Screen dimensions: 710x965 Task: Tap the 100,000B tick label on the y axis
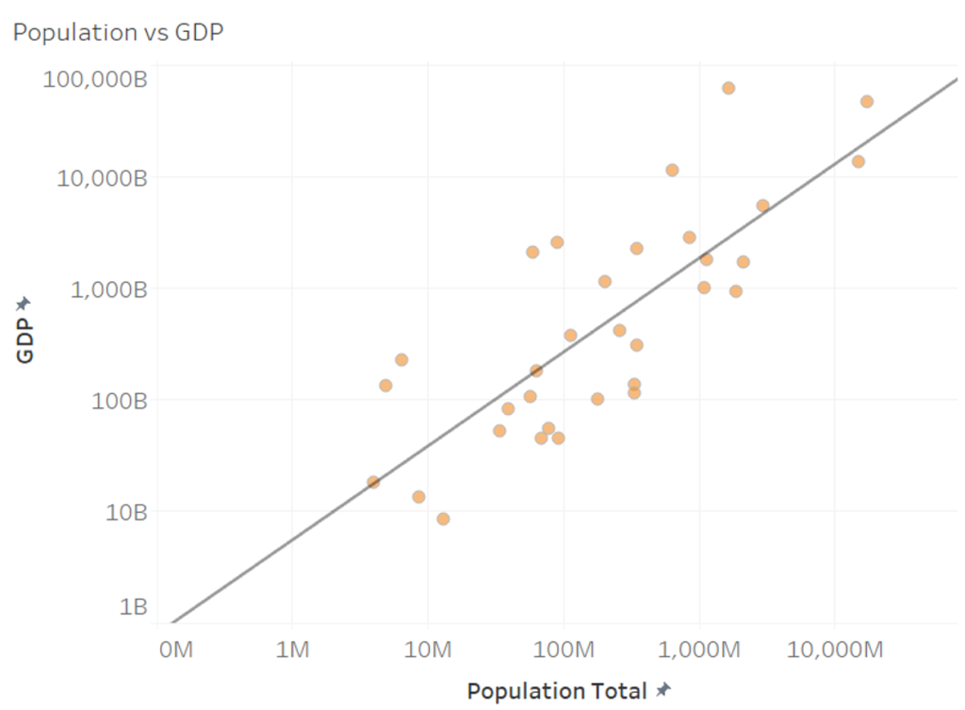click(x=95, y=79)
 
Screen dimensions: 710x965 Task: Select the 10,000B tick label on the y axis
click(x=102, y=177)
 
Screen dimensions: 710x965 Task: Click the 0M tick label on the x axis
click(x=176, y=650)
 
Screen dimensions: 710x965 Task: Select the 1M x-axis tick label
click(x=293, y=650)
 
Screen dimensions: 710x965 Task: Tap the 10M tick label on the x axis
click(x=428, y=650)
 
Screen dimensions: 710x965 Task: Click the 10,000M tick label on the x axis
click(x=835, y=650)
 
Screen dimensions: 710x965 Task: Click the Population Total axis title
click(x=556, y=691)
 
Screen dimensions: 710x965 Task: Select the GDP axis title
click(x=25, y=339)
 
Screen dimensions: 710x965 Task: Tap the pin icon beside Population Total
click(x=663, y=690)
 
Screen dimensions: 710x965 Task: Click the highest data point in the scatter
click(x=728, y=88)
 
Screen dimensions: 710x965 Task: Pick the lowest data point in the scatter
click(x=443, y=519)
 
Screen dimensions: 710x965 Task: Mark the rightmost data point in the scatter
click(x=867, y=101)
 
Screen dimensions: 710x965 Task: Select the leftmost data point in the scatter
click(x=373, y=482)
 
